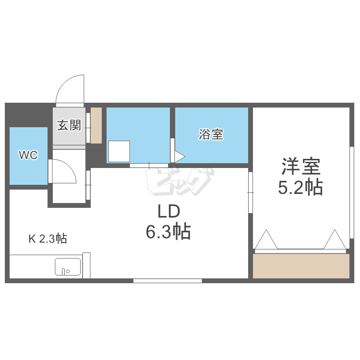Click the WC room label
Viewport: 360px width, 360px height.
click(28, 155)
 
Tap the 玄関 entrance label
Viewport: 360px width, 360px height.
click(69, 126)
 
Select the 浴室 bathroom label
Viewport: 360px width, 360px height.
click(211, 134)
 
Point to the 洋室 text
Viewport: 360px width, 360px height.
click(300, 167)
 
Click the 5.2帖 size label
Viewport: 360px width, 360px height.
click(300, 187)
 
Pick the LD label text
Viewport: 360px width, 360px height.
click(168, 212)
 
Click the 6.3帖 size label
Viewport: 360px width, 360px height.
click(168, 232)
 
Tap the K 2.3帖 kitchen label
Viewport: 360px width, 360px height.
click(47, 239)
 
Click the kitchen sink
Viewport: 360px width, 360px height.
click(68, 267)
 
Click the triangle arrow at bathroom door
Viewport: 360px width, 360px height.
click(180, 156)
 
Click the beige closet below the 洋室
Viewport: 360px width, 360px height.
click(301, 266)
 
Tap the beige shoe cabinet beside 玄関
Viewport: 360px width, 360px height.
click(96, 125)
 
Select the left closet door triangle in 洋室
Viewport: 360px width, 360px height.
click(266, 240)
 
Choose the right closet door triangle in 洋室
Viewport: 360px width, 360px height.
click(335, 240)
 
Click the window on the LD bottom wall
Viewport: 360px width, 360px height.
click(168, 281)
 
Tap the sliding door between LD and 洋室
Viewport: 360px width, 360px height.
click(250, 192)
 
